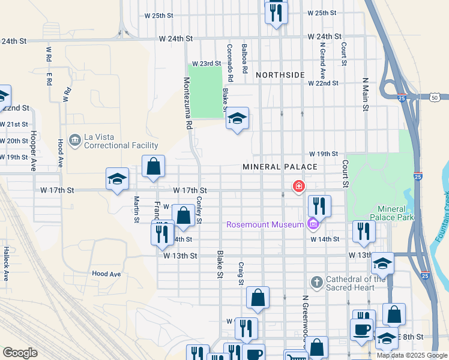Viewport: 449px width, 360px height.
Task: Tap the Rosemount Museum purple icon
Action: [312, 225]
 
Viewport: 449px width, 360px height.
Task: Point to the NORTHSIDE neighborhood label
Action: [280, 75]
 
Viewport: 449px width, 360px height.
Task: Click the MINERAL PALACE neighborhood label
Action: [280, 166]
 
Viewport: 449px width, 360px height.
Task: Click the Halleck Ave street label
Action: [7, 264]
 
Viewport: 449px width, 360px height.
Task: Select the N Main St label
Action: [364, 94]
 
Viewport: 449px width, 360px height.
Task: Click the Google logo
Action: [20, 353]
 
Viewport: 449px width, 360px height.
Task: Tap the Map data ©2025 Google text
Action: [412, 355]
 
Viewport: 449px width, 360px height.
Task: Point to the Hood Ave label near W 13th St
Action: [106, 274]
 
